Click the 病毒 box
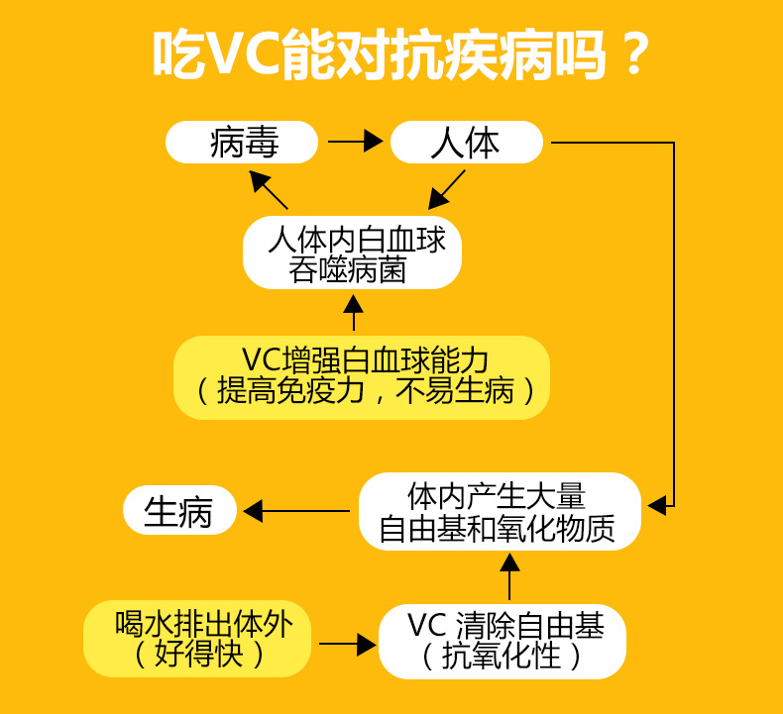coord(243,143)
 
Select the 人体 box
coord(466,143)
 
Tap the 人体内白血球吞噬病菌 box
coord(352,254)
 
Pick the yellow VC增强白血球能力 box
coord(361,376)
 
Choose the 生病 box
coord(179,512)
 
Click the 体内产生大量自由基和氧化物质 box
coord(499,512)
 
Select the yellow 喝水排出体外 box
coord(197,637)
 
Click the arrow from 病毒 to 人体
coord(355,143)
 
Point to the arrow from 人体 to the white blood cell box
coord(447,188)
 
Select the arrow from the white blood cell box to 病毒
coord(269,189)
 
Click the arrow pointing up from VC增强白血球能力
coord(354,311)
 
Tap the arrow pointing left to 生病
coord(296,511)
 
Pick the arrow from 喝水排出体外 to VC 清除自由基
coord(348,645)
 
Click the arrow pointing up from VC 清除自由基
coord(509,577)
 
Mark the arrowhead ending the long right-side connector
coord(657,505)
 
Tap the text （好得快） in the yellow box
coord(197,655)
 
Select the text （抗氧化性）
coord(503,656)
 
